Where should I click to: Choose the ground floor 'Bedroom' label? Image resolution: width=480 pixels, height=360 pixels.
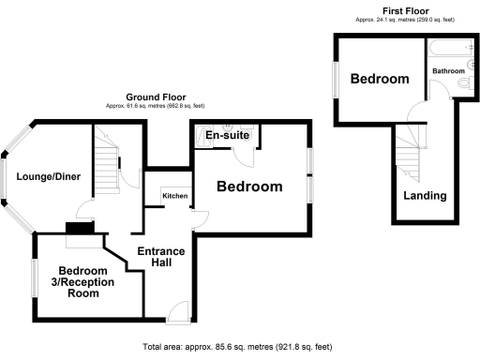(x=249, y=187)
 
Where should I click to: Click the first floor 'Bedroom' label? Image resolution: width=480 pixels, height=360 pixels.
(x=380, y=80)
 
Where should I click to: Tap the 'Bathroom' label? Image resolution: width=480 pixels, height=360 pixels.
(x=448, y=71)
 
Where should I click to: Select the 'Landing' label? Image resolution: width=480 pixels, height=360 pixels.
(x=425, y=196)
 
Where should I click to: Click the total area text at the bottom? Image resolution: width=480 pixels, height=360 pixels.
(x=239, y=346)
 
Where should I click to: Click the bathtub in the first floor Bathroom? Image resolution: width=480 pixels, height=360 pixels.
(x=444, y=47)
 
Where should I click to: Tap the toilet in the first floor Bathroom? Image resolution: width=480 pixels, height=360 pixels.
(x=463, y=89)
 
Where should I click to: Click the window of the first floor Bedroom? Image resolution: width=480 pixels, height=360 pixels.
(x=335, y=80)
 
